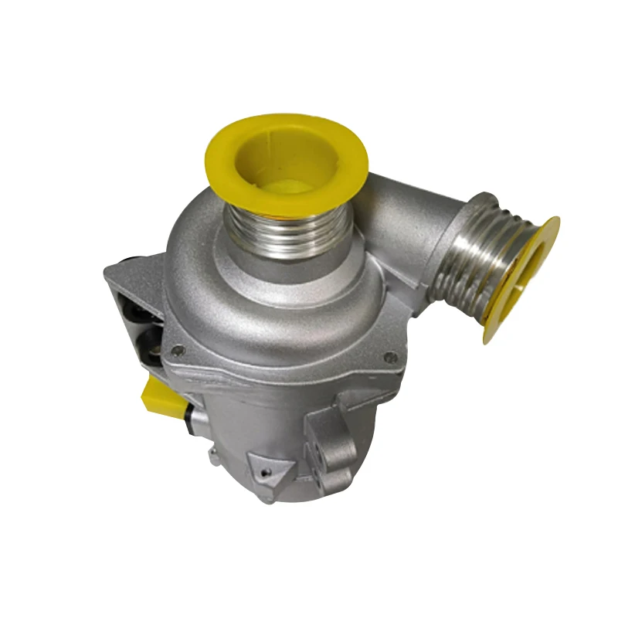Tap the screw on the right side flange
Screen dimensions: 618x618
tap(391, 357)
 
